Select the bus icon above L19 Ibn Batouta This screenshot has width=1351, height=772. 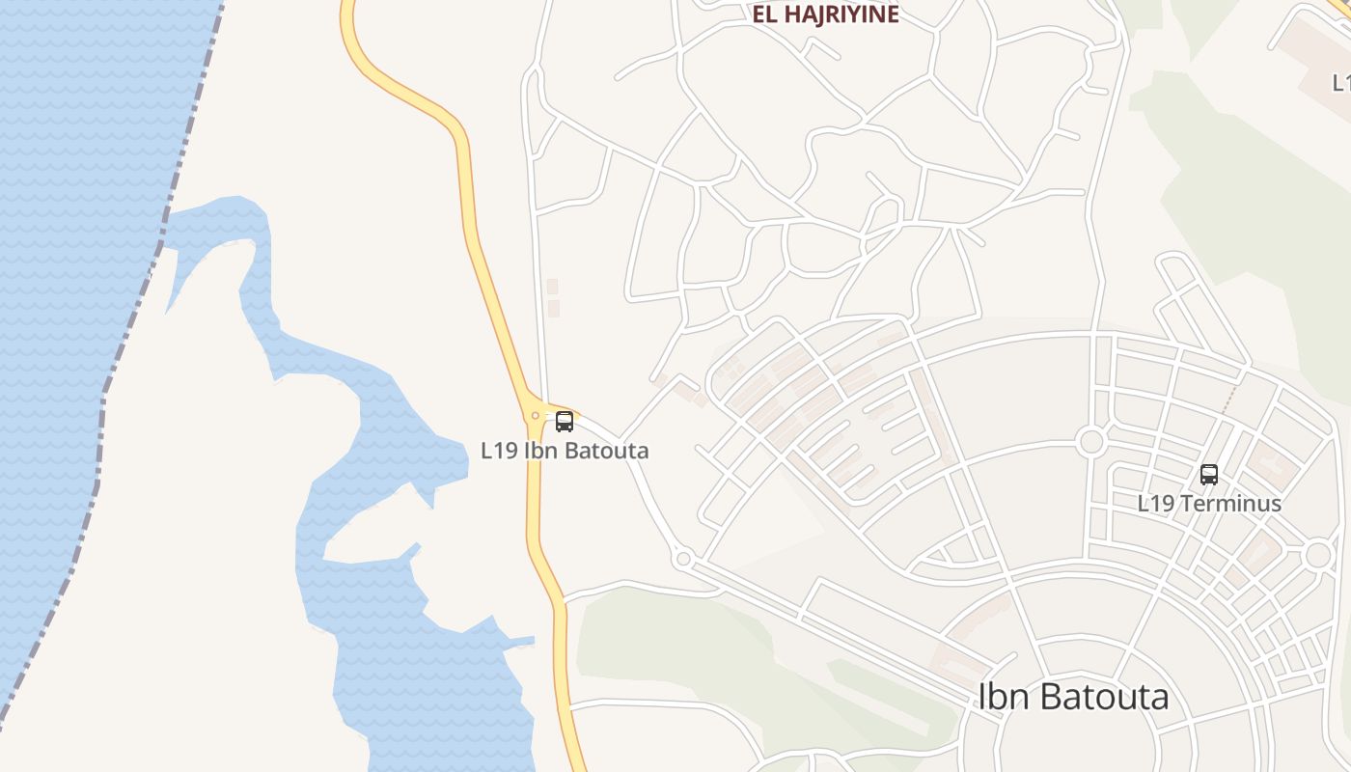pyautogui.click(x=565, y=422)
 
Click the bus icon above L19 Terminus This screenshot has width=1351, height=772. pyautogui.click(x=1209, y=475)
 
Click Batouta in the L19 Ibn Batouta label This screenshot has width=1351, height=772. pyautogui.click(x=604, y=451)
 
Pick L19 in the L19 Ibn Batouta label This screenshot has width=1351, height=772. pyautogui.click(x=500, y=451)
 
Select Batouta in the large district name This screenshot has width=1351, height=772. pyautogui.click(x=1109, y=697)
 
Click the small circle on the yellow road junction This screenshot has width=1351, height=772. pyautogui.click(x=536, y=416)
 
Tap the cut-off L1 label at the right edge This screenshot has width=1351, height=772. pyautogui.click(x=1340, y=84)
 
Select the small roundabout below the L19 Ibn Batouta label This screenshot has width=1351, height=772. pyautogui.click(x=683, y=559)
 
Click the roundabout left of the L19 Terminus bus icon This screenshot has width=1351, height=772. pyautogui.click(x=1091, y=442)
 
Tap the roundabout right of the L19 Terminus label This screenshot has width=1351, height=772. pyautogui.click(x=1318, y=555)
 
